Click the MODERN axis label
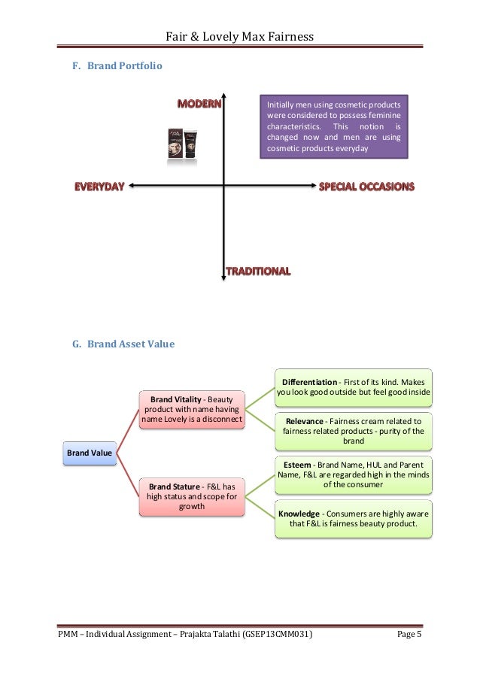click(199, 104)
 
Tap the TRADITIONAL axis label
click(258, 271)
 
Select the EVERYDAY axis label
click(98, 186)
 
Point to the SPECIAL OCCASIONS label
click(366, 186)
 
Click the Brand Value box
click(90, 453)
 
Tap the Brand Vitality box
click(192, 409)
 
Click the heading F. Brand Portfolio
click(117, 66)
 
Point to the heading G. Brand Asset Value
click(123, 344)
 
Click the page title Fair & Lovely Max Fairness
click(240, 36)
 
